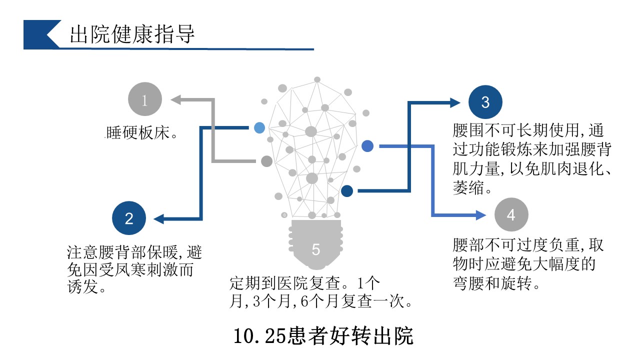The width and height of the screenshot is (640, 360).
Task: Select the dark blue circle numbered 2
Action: (129, 218)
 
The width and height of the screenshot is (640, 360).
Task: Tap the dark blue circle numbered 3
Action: (485, 102)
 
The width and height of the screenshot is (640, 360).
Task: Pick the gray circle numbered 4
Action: (511, 215)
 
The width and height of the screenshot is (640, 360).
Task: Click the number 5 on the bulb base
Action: (315, 249)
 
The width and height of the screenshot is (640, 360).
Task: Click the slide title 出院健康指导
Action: (132, 34)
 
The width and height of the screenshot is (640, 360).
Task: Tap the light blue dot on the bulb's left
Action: (259, 127)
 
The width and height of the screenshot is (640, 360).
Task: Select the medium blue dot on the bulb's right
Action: (367, 146)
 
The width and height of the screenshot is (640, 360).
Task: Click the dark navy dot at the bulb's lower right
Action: (347, 190)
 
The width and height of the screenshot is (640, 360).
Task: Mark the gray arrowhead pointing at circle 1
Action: (175, 99)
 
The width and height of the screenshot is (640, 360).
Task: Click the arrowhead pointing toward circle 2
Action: (158, 219)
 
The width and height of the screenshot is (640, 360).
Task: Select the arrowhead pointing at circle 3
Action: (455, 102)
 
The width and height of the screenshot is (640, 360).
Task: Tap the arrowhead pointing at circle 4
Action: (481, 215)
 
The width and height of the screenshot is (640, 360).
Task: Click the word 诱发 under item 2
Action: (82, 287)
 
